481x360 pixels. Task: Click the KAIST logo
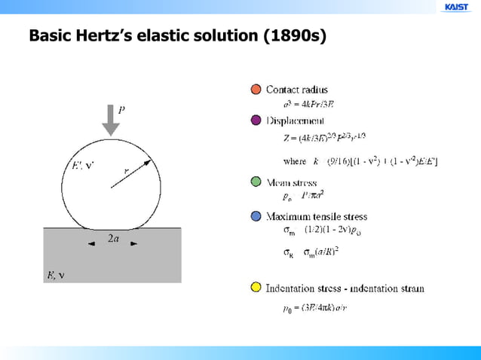click(x=457, y=8)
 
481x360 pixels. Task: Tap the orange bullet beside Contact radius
click(x=256, y=90)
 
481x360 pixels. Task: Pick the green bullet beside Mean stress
click(x=256, y=182)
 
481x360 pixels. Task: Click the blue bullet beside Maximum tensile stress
click(x=256, y=216)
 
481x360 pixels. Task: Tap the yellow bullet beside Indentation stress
click(x=256, y=288)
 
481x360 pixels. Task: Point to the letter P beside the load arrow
click(x=121, y=108)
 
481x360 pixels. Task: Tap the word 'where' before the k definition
click(x=294, y=161)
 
